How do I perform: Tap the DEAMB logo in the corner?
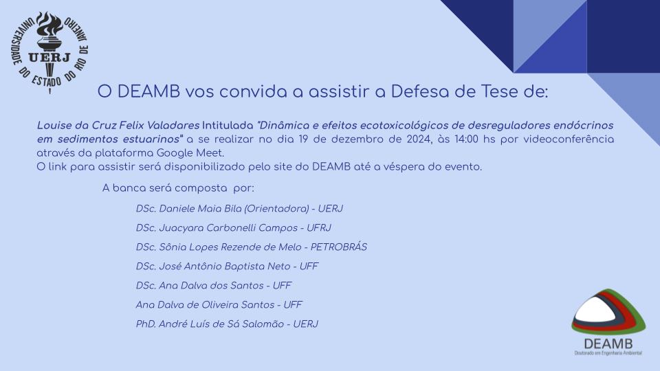pos(608,322)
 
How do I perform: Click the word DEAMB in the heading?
pos(148,91)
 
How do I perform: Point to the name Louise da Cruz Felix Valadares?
pos(118,125)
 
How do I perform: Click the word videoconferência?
pos(569,139)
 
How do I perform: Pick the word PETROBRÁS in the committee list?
pos(339,247)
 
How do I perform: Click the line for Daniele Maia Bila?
pos(239,209)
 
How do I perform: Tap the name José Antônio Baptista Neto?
pos(225,267)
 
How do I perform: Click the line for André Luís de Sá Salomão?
pos(227,324)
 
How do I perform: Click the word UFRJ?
pos(319,228)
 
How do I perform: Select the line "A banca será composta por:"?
pos(178,188)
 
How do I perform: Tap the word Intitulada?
pos(228,125)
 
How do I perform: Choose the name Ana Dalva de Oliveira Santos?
pos(205,304)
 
